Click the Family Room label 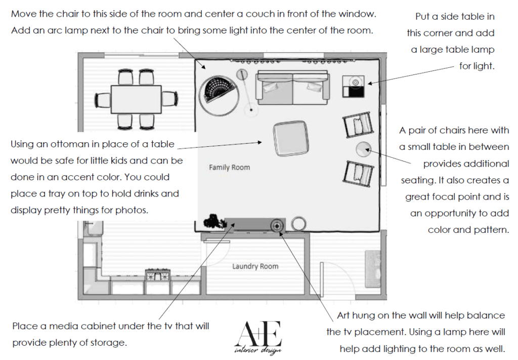pyautogui.click(x=229, y=167)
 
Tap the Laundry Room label pyautogui.click(x=255, y=266)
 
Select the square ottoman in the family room pyautogui.click(x=291, y=138)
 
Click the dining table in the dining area pyautogui.click(x=136, y=99)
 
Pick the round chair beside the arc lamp pyautogui.click(x=219, y=96)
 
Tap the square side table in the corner pyautogui.click(x=354, y=87)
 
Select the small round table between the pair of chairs pyautogui.click(x=363, y=149)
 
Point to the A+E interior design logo pyautogui.click(x=258, y=338)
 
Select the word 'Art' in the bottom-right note pyautogui.click(x=343, y=315)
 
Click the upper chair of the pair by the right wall pyautogui.click(x=358, y=125)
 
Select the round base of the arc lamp pyautogui.click(x=251, y=110)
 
